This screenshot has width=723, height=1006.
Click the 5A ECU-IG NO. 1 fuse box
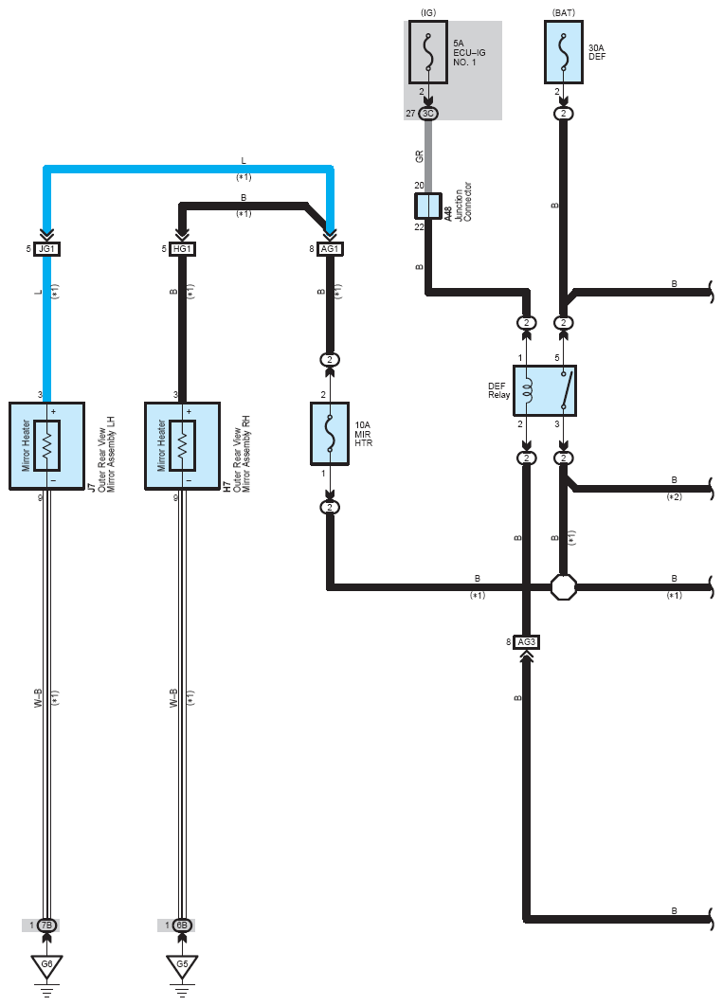pos(428,52)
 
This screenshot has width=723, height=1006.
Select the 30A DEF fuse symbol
pos(563,52)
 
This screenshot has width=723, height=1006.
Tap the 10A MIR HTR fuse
pos(330,434)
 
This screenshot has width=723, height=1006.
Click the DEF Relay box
pos(545,390)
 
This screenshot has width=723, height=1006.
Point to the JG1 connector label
pos(46,249)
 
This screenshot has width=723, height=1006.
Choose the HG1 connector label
pos(182,249)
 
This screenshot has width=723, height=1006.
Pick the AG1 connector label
pos(330,249)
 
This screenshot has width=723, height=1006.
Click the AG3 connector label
pos(526,642)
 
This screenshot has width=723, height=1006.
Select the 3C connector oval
pos(428,114)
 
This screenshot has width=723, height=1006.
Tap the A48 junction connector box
pos(428,206)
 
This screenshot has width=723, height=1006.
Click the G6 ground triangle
pos(46,965)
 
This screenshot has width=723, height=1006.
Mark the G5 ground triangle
pos(182,965)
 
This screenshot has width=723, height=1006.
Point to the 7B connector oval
pos(46,925)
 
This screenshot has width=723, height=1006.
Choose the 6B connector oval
pos(182,925)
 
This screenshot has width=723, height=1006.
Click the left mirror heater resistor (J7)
pos(46,446)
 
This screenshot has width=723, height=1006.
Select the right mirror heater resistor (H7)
pos(182,446)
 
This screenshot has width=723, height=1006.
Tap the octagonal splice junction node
pos(563,586)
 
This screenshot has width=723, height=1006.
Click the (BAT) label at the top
pos(563,13)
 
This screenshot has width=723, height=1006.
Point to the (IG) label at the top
pos(428,13)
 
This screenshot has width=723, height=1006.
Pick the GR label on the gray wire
pos(420,156)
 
